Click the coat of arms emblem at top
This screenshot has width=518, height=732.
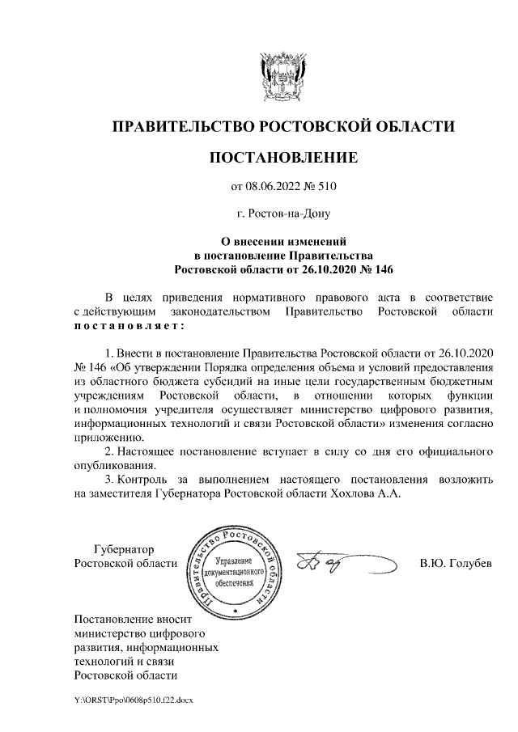(282, 76)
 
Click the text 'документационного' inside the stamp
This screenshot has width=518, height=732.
(236, 573)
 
